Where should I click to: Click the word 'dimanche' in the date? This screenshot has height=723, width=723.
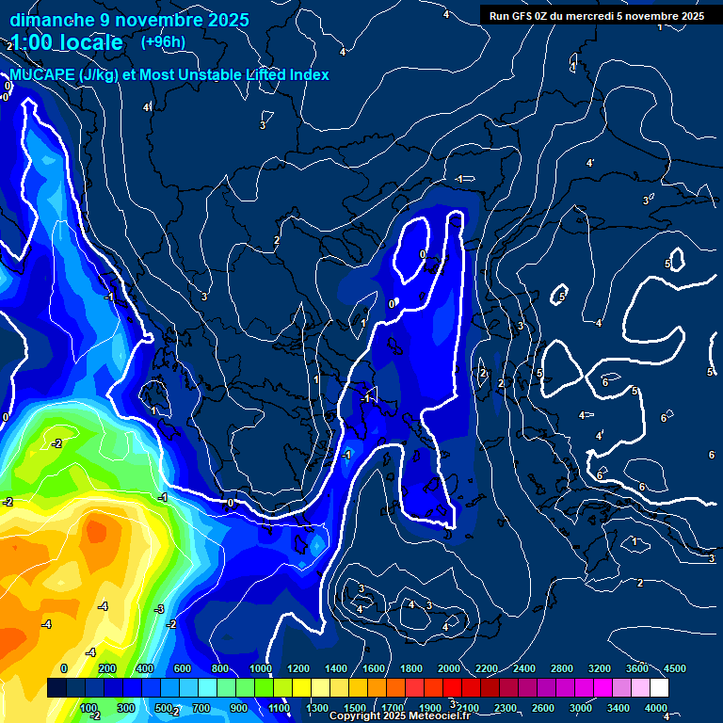(x=53, y=20)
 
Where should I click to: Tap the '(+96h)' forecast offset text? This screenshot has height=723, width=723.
(x=163, y=41)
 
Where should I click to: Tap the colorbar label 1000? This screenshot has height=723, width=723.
(x=260, y=668)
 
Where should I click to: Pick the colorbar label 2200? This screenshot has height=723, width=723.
(x=486, y=668)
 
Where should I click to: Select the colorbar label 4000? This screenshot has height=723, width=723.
(x=656, y=708)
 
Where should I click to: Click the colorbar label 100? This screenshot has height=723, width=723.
(x=89, y=708)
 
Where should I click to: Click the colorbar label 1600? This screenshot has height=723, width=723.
(x=373, y=668)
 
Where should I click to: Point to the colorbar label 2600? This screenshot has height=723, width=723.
(x=542, y=708)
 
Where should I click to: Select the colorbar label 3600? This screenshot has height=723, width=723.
(x=637, y=668)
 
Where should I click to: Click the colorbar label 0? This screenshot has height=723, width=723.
(x=64, y=668)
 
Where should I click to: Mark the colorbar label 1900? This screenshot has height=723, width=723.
(x=429, y=708)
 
